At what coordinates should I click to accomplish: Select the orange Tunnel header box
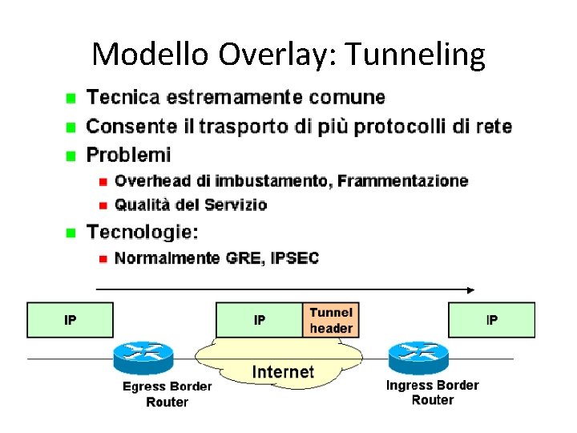[330, 320]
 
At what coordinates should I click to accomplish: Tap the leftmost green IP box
[71, 320]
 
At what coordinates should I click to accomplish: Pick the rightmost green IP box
[491, 320]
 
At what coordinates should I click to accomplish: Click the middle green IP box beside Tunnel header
[260, 320]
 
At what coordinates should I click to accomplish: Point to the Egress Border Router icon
[143, 356]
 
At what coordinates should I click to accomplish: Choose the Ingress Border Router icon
[418, 356]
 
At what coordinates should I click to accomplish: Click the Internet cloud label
[283, 372]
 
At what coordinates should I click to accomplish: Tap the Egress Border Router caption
[167, 394]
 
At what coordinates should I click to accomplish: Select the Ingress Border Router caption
[432, 392]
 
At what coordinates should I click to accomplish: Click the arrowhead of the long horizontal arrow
[470, 289]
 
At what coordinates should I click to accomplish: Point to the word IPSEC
[296, 258]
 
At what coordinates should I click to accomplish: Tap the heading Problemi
[128, 154]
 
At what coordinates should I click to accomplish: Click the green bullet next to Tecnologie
[71, 233]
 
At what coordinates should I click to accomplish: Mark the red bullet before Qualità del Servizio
[103, 205]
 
